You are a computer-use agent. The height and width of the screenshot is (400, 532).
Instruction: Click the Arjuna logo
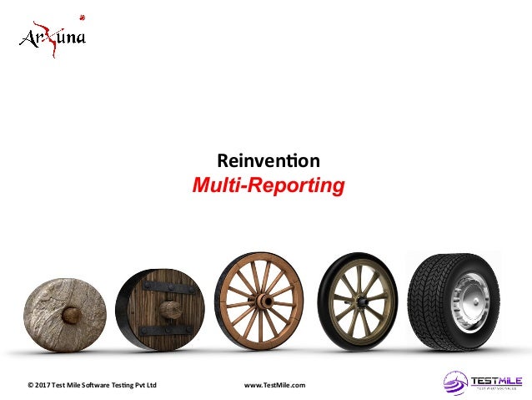click(x=53, y=37)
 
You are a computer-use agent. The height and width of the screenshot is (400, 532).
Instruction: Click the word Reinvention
click(x=268, y=159)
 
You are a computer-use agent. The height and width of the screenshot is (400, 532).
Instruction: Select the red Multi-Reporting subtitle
click(x=268, y=184)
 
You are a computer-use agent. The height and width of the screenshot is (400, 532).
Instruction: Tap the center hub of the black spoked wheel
click(x=359, y=296)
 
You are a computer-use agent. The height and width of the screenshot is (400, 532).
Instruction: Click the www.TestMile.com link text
click(x=274, y=385)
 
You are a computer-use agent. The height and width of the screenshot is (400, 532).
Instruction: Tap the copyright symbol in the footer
click(x=30, y=385)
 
